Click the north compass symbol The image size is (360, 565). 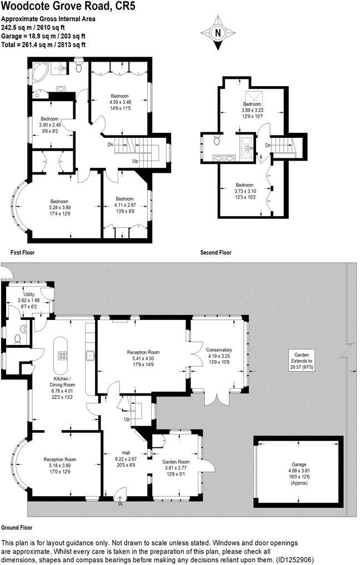coord(217,32)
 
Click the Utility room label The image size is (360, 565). coord(29,294)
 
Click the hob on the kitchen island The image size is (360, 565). coord(62,357)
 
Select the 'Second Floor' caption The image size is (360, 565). coord(216,252)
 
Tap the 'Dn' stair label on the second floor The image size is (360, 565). coord(268,146)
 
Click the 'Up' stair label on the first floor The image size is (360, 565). coord(135,161)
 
